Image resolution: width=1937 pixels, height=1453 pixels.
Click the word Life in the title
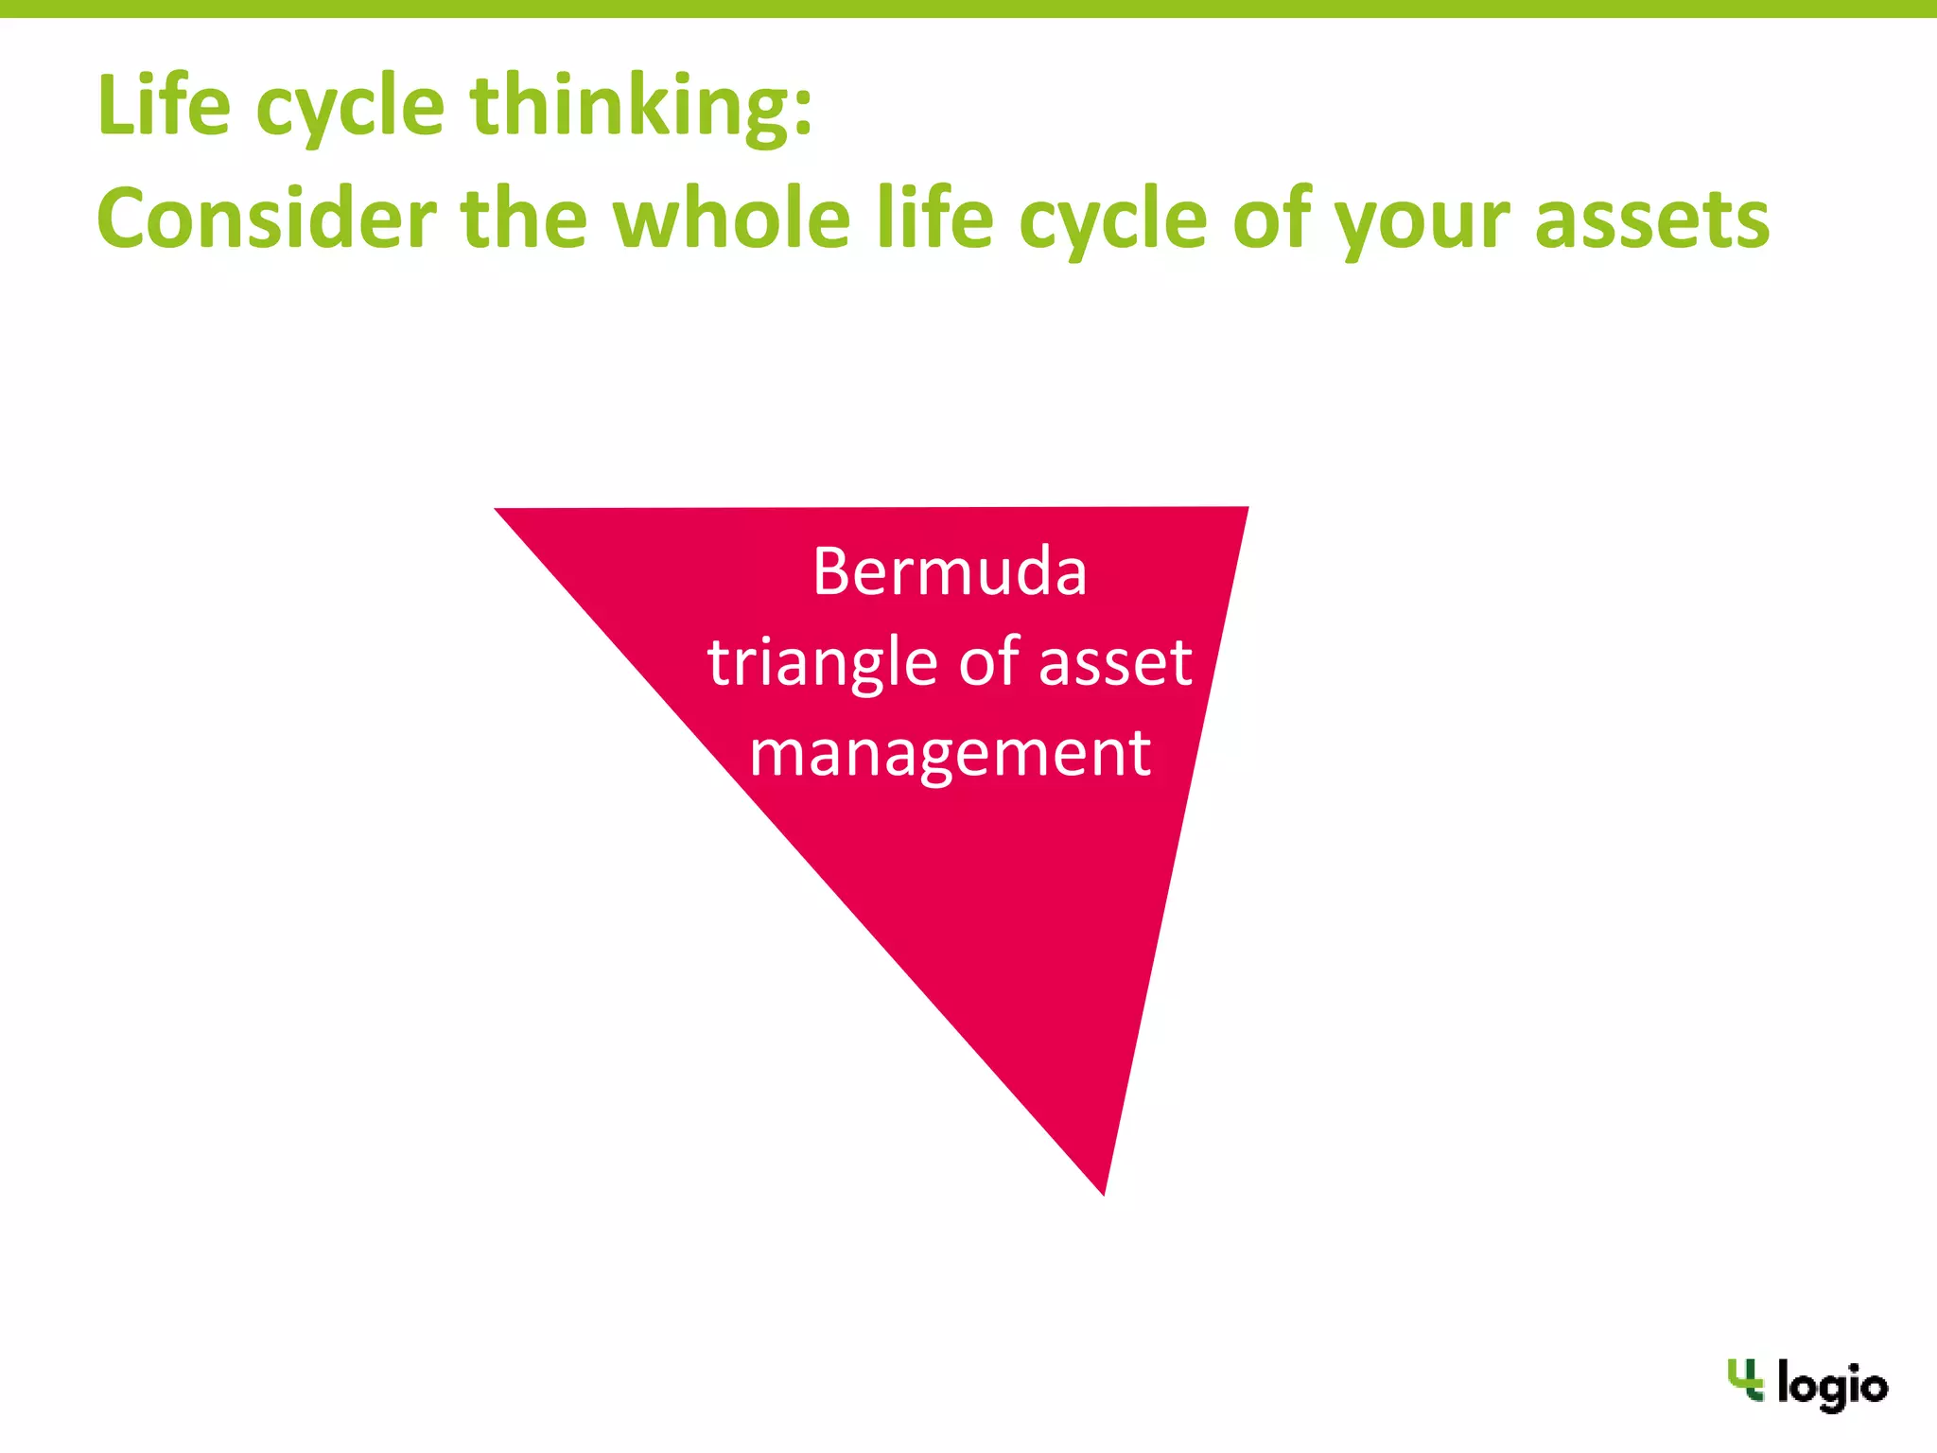click(163, 105)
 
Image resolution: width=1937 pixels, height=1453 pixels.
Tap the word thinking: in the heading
click(641, 106)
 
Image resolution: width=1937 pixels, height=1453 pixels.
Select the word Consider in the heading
click(266, 219)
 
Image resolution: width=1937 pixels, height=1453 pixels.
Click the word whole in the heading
click(732, 219)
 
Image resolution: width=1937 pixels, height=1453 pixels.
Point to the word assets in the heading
click(1651, 219)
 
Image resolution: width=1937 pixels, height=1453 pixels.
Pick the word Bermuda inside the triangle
click(950, 572)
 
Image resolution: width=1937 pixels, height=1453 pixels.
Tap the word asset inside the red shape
click(1115, 662)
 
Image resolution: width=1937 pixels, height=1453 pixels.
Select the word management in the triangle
click(950, 754)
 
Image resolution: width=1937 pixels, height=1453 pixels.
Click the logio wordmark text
click(1832, 1387)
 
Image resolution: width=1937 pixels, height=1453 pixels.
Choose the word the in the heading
click(524, 219)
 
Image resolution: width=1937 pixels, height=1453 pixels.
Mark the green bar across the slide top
click(968, 9)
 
